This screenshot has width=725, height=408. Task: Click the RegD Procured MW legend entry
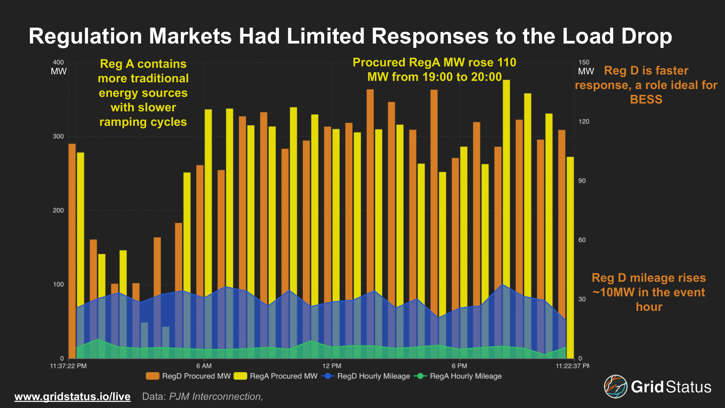point(188,376)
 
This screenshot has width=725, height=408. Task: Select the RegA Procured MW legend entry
point(276,376)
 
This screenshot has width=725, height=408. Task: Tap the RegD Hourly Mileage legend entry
point(366,376)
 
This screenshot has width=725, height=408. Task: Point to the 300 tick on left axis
point(58,136)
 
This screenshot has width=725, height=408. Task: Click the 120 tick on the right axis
point(584,121)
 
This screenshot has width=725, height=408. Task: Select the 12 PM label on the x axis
point(332,366)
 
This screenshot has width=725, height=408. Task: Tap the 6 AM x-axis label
point(204,366)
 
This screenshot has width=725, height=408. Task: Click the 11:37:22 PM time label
point(68,366)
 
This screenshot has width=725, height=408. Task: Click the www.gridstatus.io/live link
point(72,396)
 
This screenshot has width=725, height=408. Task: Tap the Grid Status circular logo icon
point(616,387)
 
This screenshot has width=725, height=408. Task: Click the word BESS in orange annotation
point(646,99)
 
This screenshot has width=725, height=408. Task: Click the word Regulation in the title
point(85,36)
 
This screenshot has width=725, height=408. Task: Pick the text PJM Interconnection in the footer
point(216,396)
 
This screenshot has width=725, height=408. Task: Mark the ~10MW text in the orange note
point(613,292)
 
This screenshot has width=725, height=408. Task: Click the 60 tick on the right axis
point(582,240)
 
